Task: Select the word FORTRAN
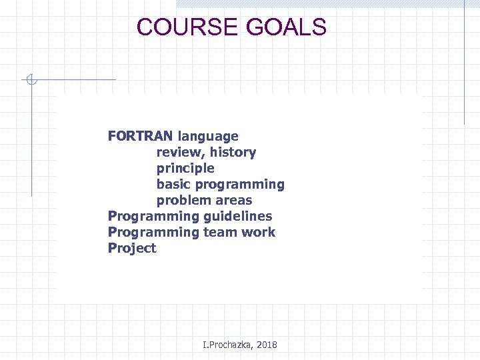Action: pos(140,136)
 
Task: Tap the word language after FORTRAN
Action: pos(207,136)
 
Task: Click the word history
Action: pos(233,152)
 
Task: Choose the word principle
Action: pos(185,168)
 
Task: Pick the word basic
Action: pos(174,184)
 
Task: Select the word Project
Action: pos(132,249)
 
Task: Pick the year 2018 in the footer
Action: pos(266,345)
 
